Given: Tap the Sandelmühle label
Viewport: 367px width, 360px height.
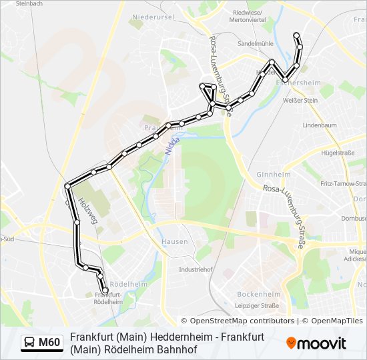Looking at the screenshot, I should coord(256,43).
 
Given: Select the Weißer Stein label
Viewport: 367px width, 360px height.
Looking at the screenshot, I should coord(300,100).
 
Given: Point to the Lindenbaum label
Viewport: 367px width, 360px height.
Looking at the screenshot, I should coord(319,125).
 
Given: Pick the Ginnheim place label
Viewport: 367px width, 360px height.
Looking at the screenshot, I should coord(274,174).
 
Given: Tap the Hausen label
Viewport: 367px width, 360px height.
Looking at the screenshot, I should coord(175,241).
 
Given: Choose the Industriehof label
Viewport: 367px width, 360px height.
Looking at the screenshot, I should coord(196,269).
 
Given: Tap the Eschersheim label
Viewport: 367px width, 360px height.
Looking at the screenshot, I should coord(298,83).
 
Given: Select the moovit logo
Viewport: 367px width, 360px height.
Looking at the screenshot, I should coord(316,343).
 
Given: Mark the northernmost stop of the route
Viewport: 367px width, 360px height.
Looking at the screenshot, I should coord(296,35).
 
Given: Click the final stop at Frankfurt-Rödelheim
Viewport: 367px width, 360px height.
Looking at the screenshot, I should coord(105,291).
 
